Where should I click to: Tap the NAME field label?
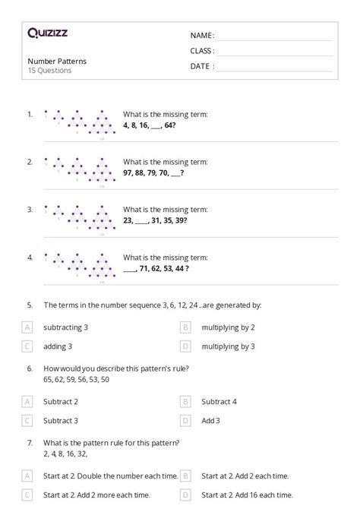[x=202, y=36]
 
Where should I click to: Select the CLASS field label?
[x=202, y=51]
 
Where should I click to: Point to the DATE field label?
[x=201, y=66]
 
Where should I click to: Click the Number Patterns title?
[x=57, y=61]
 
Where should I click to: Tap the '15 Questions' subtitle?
[x=49, y=71]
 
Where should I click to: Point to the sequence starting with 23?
[x=155, y=220]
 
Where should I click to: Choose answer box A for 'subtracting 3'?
[x=27, y=327]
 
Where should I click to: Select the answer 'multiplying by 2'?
[x=228, y=327]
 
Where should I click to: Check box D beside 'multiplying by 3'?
[x=185, y=346]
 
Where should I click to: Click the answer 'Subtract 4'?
[x=219, y=401]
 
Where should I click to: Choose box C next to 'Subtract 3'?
[x=27, y=419]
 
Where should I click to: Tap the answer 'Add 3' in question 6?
[x=210, y=419]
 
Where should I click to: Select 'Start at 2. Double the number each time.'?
[x=110, y=476]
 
